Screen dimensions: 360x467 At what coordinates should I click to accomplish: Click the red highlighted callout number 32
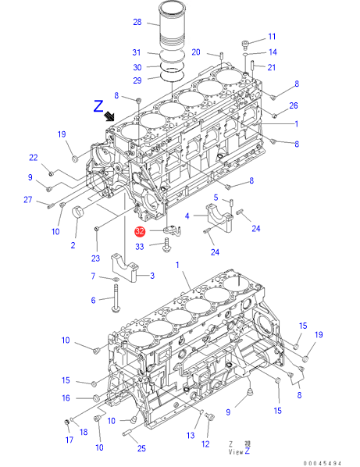click(x=140, y=231)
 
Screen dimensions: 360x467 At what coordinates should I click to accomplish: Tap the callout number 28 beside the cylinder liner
click(x=137, y=22)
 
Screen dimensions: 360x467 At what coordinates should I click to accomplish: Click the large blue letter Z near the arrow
click(x=98, y=106)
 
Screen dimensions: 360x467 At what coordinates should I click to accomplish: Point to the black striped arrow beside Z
click(x=109, y=116)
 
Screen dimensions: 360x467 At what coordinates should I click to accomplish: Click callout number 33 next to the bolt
click(x=140, y=247)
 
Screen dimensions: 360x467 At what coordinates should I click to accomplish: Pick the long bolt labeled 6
click(x=115, y=298)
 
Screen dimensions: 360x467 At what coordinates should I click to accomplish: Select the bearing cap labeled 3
click(x=124, y=267)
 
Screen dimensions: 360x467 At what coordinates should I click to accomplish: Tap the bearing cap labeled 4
click(x=219, y=217)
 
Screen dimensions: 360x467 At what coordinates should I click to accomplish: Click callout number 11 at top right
click(x=273, y=37)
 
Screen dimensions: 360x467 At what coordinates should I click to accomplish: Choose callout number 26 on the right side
click(x=294, y=105)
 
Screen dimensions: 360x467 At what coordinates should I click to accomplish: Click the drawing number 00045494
click(x=323, y=463)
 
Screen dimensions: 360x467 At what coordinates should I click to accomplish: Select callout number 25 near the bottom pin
click(x=142, y=448)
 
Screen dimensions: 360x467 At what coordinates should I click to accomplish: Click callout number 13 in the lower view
click(x=191, y=436)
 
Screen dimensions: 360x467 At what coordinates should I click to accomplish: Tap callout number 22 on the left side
click(x=34, y=158)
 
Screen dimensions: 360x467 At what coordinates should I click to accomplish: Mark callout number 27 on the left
click(x=28, y=200)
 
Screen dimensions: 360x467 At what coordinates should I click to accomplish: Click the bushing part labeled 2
click(x=77, y=212)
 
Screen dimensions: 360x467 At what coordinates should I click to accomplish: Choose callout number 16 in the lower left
click(x=66, y=398)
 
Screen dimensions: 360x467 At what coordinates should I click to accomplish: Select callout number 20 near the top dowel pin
click(x=196, y=52)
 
